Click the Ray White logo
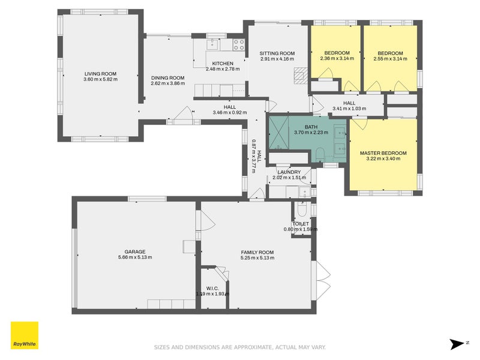[25, 335]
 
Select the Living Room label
[100, 74]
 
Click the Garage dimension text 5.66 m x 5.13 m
[135, 257]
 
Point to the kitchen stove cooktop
[239, 44]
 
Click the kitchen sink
[212, 44]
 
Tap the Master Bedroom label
[383, 153]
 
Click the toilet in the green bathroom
[320, 154]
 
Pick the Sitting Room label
[277, 53]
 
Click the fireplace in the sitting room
[299, 76]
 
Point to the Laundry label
[289, 172]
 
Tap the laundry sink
[305, 192]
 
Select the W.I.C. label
[212, 289]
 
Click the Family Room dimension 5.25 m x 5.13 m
[257, 258]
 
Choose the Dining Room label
[168, 78]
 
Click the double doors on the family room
[321, 280]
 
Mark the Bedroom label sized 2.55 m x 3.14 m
[391, 53]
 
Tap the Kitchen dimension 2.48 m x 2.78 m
[223, 69]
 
